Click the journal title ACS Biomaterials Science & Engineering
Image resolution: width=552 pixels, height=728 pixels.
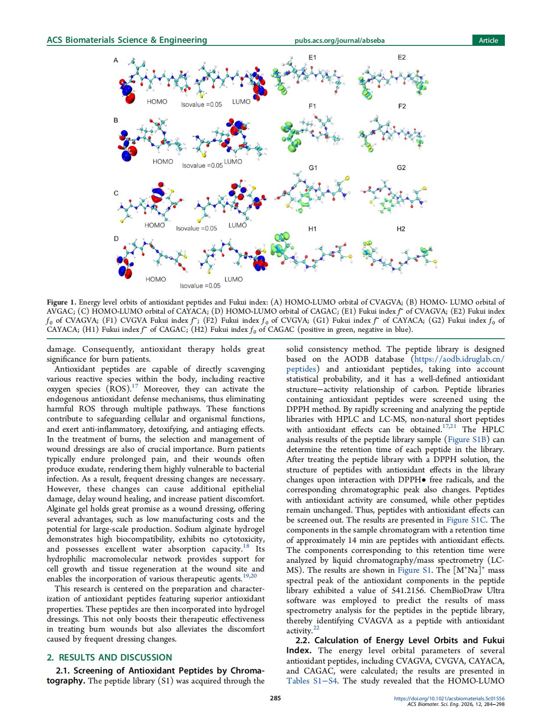127,40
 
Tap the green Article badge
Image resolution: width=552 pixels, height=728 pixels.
488,40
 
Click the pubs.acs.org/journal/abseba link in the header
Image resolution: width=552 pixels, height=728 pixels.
339,41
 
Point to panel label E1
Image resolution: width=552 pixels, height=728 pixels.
312,57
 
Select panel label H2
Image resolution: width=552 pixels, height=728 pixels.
401,229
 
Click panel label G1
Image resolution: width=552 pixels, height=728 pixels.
313,167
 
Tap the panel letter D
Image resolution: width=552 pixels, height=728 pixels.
116,238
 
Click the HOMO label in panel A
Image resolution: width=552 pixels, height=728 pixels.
157,102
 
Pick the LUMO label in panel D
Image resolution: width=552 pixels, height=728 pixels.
233,279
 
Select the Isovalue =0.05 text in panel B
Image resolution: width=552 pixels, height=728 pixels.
202,166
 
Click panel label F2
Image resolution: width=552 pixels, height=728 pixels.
401,106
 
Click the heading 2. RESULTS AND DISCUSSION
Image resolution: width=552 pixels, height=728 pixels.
109,657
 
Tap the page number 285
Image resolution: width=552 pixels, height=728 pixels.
276,698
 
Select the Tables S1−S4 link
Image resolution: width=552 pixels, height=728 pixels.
311,681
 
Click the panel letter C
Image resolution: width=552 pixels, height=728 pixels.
116,193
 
